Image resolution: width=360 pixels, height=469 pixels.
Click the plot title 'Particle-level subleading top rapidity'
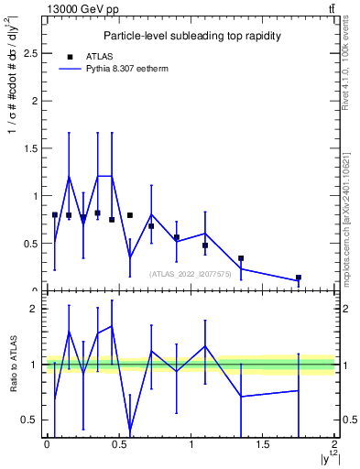191,36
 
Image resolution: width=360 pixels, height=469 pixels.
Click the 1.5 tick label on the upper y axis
30,148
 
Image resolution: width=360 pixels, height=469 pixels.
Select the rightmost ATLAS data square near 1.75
299,278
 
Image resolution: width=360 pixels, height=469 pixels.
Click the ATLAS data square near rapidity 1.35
241,258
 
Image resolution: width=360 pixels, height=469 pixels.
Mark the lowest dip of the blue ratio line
130,430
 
